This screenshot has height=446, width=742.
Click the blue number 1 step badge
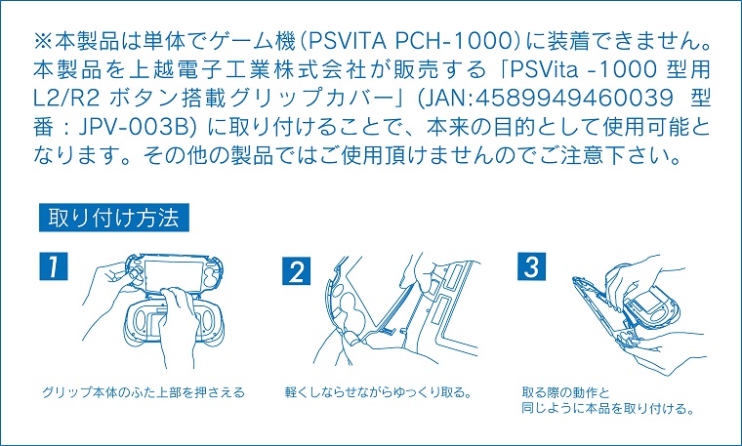tap(54, 265)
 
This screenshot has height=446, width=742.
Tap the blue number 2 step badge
tap(296, 271)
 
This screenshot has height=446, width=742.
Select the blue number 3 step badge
tap(531, 266)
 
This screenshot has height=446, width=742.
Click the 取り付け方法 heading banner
tap(114, 218)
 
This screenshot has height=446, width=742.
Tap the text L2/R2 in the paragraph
tap(66, 99)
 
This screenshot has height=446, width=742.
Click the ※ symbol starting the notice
tap(44, 42)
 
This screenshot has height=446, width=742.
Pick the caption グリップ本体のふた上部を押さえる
tap(144, 392)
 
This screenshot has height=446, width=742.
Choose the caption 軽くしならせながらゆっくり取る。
tap(378, 392)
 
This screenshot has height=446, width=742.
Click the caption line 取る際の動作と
tap(565, 392)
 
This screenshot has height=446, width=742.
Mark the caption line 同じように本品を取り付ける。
tap(607, 408)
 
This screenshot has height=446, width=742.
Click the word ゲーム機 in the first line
tap(251, 42)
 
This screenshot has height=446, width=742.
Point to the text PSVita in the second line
tap(544, 70)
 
